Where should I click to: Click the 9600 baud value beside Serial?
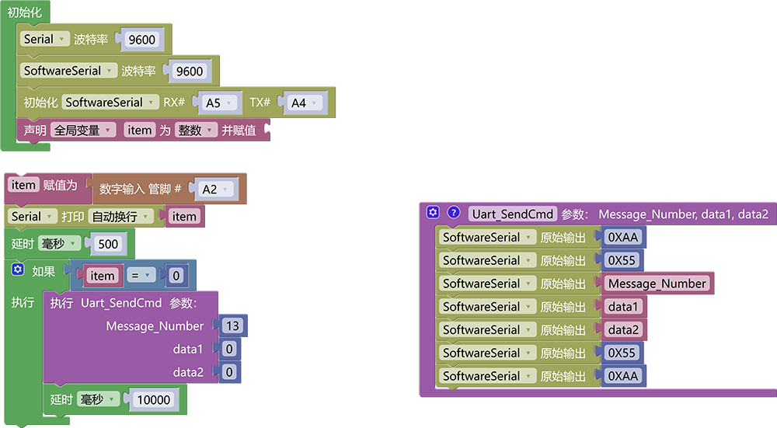coord(141,40)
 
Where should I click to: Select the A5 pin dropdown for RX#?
coord(218,103)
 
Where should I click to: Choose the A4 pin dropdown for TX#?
coord(304,103)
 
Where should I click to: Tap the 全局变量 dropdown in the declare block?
coord(83,130)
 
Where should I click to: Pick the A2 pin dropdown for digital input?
coord(215,190)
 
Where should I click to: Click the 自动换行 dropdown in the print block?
coord(121,217)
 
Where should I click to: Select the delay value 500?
coord(108,244)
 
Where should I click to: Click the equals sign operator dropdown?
coord(141,276)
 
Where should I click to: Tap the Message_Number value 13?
coord(232,325)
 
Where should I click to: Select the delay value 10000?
coord(154,400)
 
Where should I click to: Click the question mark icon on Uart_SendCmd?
coord(454,213)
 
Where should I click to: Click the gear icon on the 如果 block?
coord(18,269)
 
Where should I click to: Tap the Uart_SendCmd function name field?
coord(512,214)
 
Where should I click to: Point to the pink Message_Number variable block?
coord(657,284)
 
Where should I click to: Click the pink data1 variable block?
coord(623,307)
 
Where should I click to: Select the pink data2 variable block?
coord(623,330)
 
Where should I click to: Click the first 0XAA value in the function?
coord(623,237)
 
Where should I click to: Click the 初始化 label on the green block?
coord(24,12)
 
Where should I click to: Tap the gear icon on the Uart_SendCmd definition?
coord(433,213)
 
